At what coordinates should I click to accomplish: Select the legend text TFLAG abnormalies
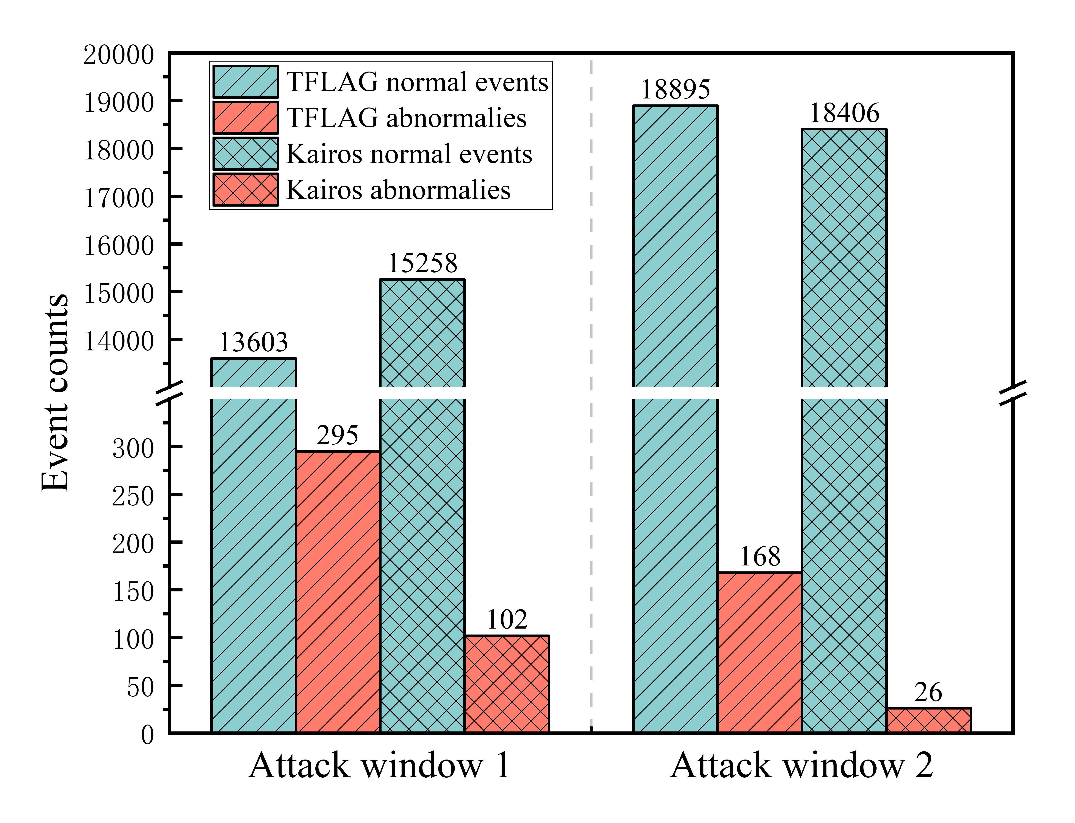click(406, 118)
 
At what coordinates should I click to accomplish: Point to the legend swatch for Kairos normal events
click(245, 154)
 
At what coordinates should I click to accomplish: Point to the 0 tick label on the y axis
click(147, 735)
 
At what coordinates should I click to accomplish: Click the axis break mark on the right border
click(1012, 393)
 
